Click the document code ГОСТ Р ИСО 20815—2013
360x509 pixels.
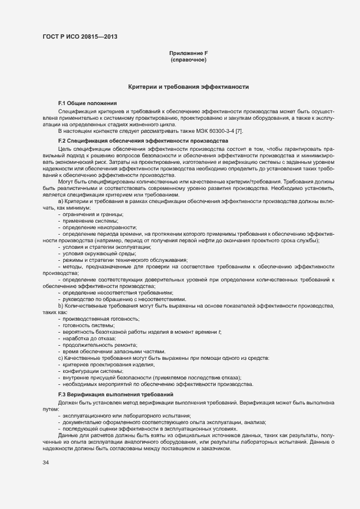(x=80, y=37)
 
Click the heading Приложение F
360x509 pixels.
(x=188, y=53)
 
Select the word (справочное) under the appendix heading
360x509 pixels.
(x=188, y=59)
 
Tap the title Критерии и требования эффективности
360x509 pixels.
(x=188, y=87)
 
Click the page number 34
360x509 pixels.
(x=45, y=463)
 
